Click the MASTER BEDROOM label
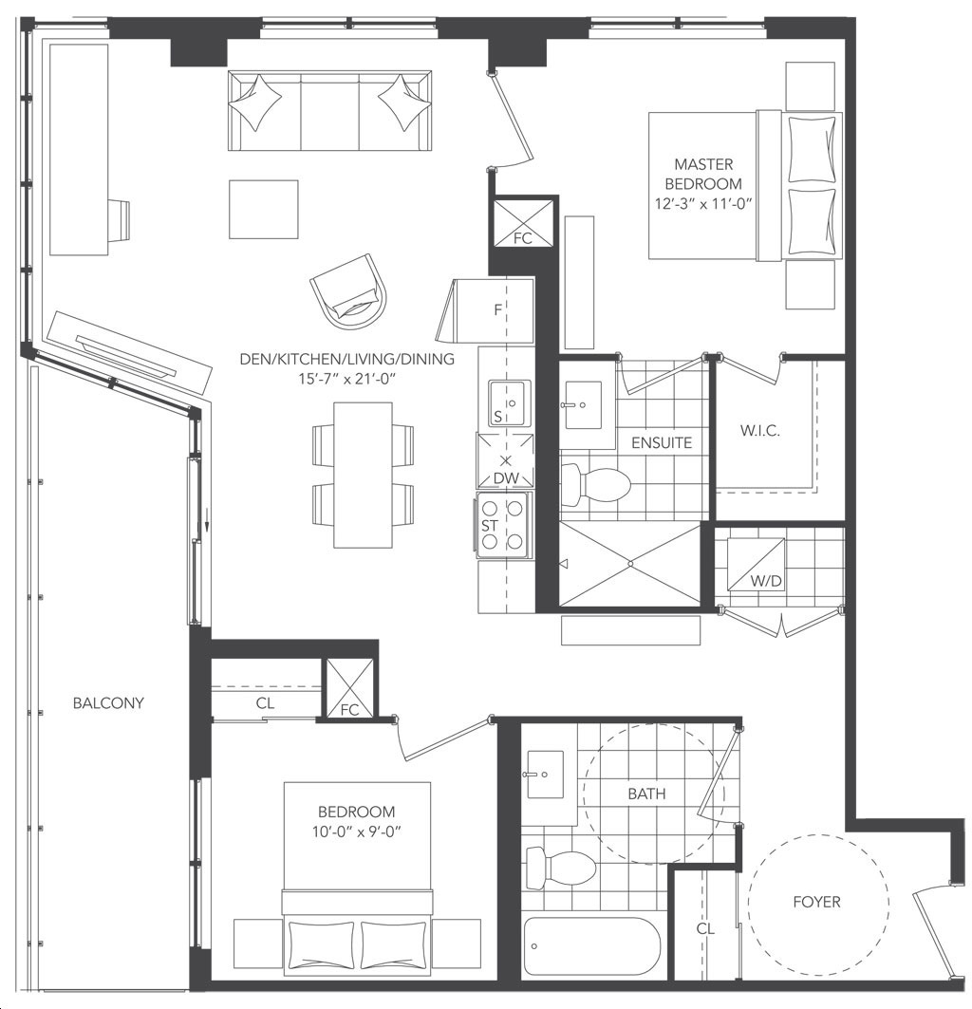pos(703,174)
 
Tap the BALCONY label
pos(108,702)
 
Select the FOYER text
pos(816,902)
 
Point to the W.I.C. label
pos(760,431)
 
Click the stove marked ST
pos(503,525)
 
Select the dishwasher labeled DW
pos(505,460)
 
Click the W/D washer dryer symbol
pos(757,565)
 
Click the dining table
pos(363,475)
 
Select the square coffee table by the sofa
pos(263,209)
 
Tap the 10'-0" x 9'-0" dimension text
pos(357,831)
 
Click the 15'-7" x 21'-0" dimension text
pos(346,379)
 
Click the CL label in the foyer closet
pos(705,928)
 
